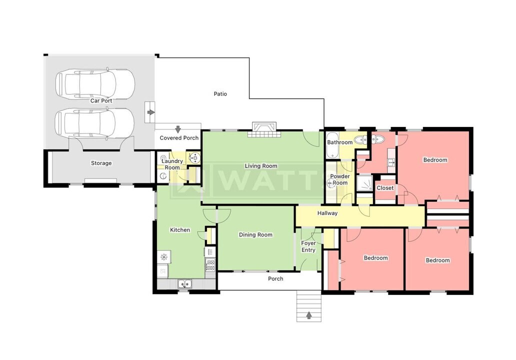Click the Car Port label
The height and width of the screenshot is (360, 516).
[101, 100]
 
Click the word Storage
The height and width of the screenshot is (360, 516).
[101, 163]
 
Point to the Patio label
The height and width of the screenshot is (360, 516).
[220, 93]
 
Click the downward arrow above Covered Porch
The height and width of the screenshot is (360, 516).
[177, 129]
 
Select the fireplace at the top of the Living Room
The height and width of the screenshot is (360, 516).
[263, 128]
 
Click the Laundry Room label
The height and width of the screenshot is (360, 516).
[172, 164]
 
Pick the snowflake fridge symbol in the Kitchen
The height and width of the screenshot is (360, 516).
[163, 257]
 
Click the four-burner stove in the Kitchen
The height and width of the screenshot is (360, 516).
[210, 264]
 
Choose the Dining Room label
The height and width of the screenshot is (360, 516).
[255, 234]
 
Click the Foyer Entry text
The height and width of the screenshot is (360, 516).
[308, 246]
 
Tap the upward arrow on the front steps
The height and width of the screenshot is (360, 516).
[309, 315]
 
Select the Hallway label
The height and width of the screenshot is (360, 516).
[327, 213]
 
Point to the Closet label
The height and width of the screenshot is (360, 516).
[385, 188]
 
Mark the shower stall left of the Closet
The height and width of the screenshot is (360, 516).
[364, 183]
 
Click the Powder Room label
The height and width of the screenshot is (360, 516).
[340, 179]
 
